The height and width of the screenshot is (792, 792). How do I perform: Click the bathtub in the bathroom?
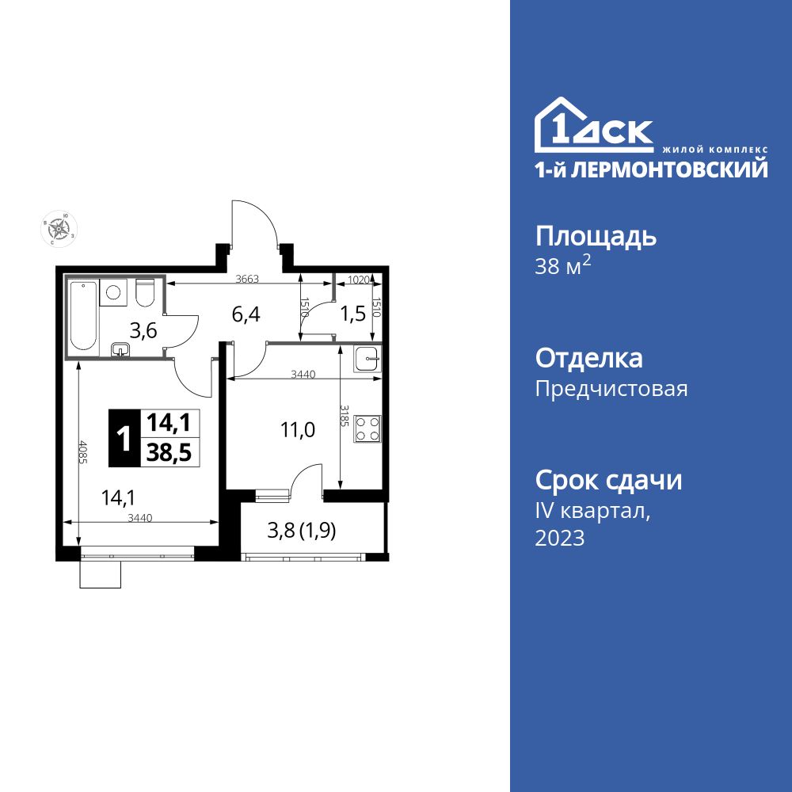tap(83, 316)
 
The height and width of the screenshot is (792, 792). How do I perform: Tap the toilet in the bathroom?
tap(144, 293)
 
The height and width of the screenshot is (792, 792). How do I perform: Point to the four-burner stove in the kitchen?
tap(367, 428)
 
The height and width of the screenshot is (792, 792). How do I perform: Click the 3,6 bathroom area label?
tap(143, 331)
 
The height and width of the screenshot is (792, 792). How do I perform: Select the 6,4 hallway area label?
tap(246, 314)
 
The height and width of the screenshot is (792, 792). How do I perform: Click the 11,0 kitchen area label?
tap(298, 430)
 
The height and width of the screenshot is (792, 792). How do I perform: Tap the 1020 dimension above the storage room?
tap(359, 279)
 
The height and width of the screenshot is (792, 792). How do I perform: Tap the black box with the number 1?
tap(124, 437)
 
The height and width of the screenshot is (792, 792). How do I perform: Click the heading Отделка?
tap(588, 359)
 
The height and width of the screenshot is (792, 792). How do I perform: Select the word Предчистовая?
tap(611, 389)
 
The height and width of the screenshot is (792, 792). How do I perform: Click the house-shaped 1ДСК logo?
tap(594, 127)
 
